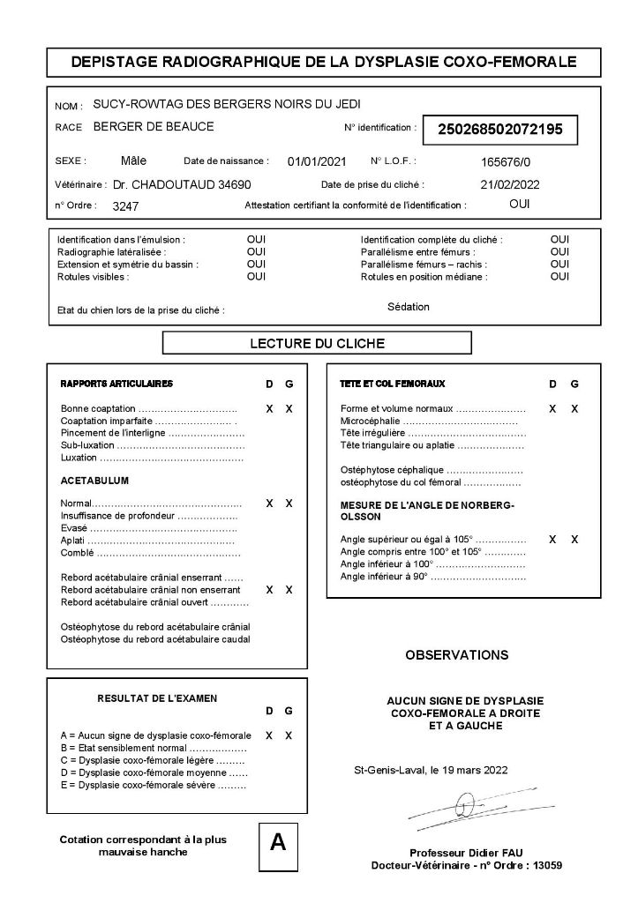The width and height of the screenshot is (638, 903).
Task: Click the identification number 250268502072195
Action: [x=500, y=130]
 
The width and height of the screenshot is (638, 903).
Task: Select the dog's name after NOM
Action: [x=226, y=104]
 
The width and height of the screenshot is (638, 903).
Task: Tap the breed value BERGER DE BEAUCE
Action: [x=153, y=127]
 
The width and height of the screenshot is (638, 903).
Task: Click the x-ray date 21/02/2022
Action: [x=509, y=185]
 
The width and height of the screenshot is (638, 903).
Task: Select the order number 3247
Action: [x=125, y=206]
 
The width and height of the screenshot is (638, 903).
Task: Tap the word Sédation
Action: [x=408, y=307]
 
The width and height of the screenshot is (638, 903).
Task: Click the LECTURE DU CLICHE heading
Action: [x=318, y=343]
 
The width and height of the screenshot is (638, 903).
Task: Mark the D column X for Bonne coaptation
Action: [x=269, y=409]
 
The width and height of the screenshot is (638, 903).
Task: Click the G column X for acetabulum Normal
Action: [x=289, y=503]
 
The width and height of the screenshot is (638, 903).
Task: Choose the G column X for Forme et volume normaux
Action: [x=574, y=409]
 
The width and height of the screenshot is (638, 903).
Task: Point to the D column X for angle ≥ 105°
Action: [x=553, y=539]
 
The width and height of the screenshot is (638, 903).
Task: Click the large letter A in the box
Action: [x=278, y=842]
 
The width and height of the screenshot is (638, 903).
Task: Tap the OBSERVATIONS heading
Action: [x=456, y=655]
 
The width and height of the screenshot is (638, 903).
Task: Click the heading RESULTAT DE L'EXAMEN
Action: [x=157, y=698]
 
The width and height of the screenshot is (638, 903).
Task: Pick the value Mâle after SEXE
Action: [x=133, y=161]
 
